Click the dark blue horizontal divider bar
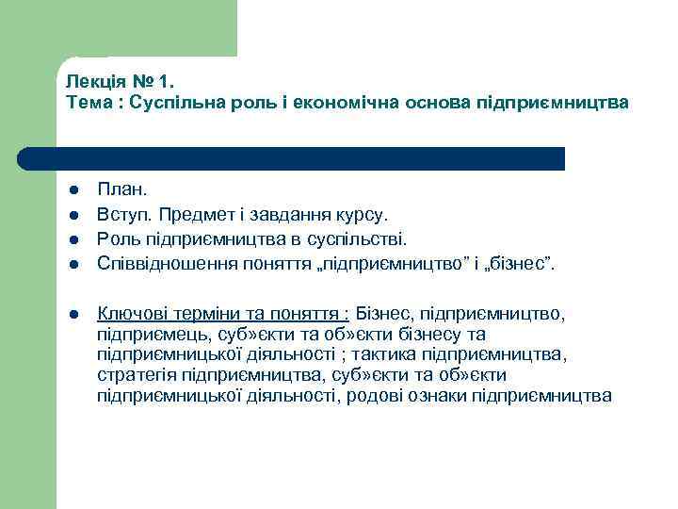(x=292, y=158)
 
